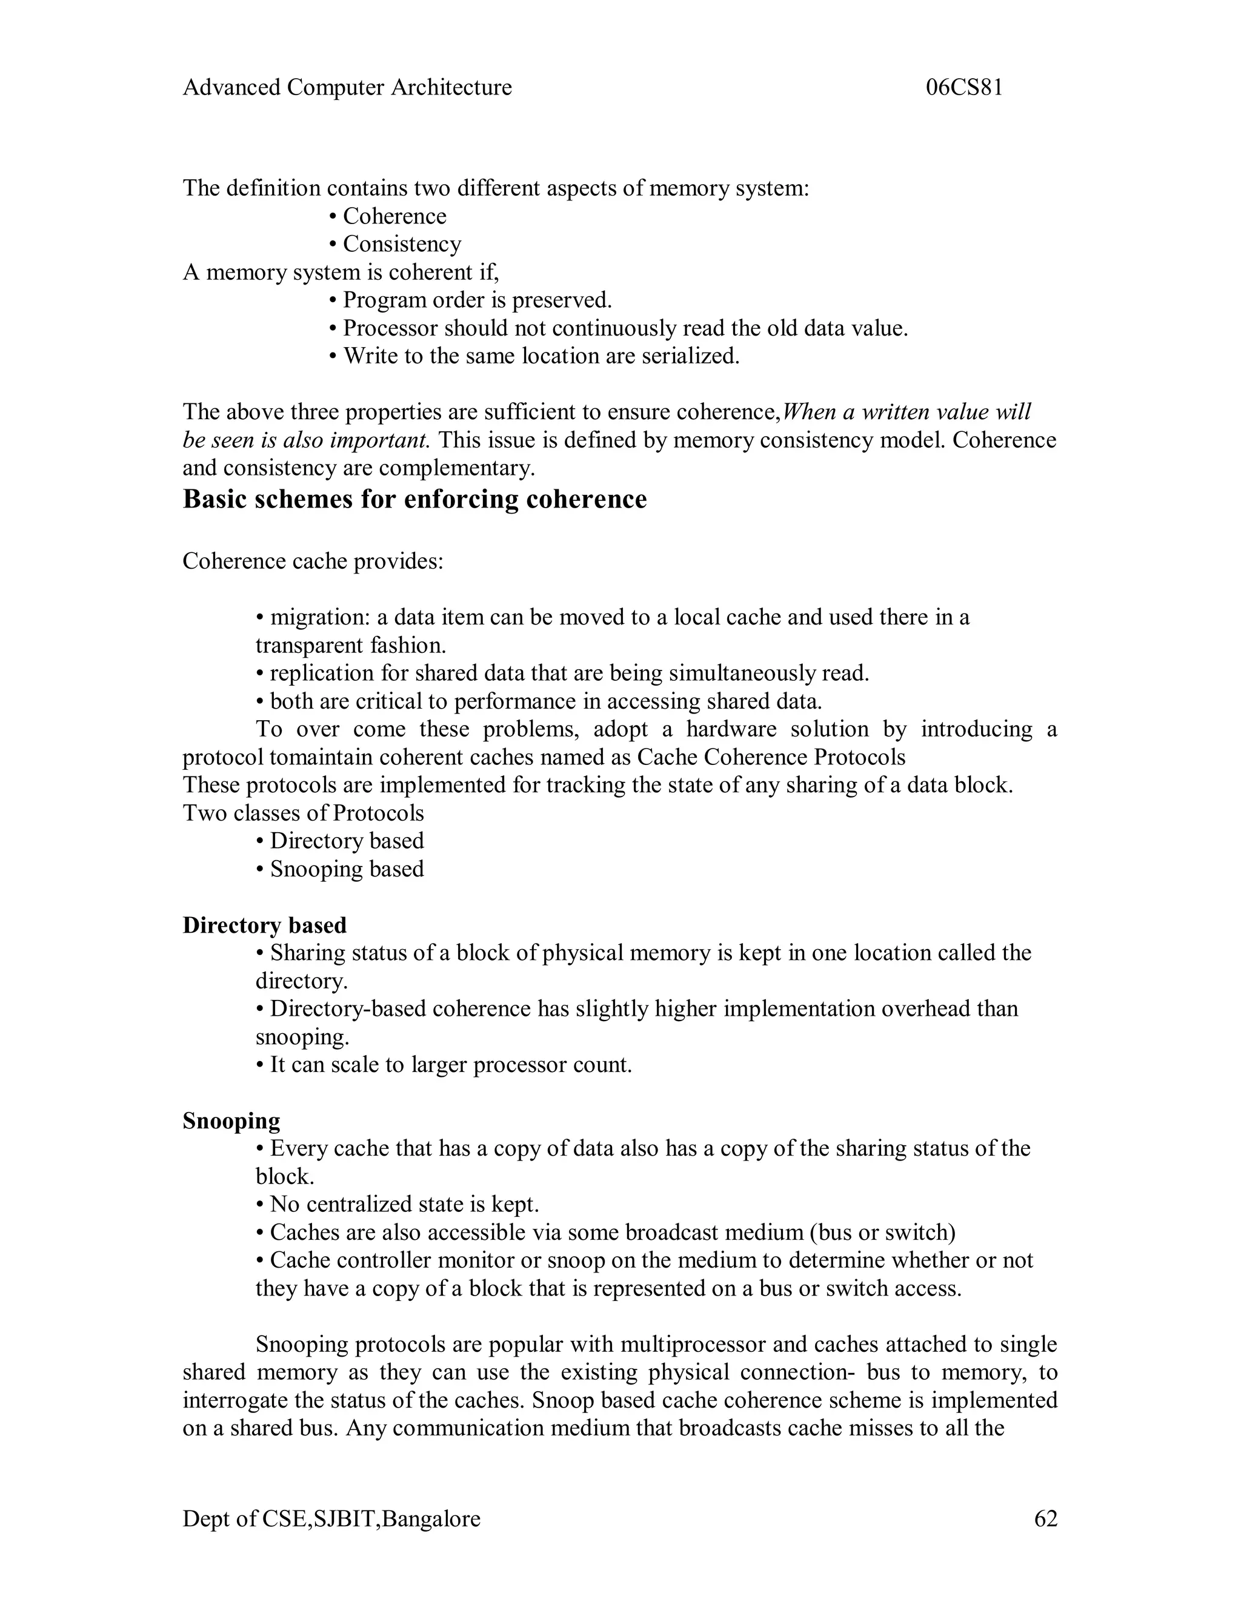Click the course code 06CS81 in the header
(x=964, y=87)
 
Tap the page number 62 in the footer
(x=1045, y=1518)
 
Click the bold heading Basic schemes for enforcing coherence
(x=414, y=499)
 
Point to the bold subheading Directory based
(x=265, y=925)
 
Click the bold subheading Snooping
(x=231, y=1120)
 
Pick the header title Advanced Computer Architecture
(x=347, y=87)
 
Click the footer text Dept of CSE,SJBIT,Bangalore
(x=331, y=1518)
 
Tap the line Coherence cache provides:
(x=313, y=561)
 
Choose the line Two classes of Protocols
(x=304, y=813)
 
